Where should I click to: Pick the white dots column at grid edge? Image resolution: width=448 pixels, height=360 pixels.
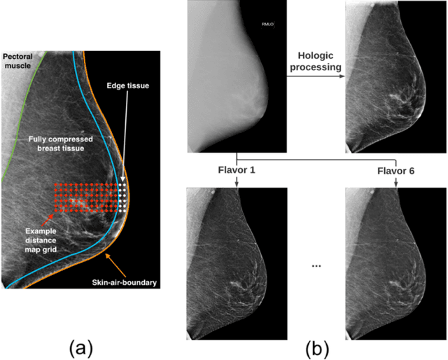123,197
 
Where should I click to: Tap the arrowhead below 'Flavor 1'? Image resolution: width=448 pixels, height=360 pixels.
237,184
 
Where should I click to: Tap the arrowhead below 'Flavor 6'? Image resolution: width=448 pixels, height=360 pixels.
396,184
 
